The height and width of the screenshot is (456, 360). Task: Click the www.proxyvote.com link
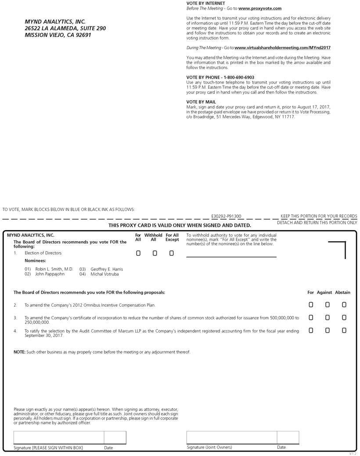pyautogui.click(x=260, y=8)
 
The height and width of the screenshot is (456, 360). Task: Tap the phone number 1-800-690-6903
pyautogui.click(x=239, y=77)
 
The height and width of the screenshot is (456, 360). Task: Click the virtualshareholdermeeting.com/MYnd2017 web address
pyautogui.click(x=282, y=47)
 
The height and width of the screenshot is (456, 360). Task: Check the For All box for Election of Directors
pyautogui.click(x=138, y=253)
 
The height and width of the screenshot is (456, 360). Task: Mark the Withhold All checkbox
pyautogui.click(x=155, y=253)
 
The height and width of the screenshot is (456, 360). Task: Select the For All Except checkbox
pyautogui.click(x=171, y=253)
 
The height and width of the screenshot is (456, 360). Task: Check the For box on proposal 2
pyautogui.click(x=311, y=304)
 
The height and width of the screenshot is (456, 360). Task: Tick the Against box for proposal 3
pyautogui.click(x=328, y=317)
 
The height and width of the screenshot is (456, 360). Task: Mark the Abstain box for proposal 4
pyautogui.click(x=344, y=330)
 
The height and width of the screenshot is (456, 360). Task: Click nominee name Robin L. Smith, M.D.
pyautogui.click(x=54, y=269)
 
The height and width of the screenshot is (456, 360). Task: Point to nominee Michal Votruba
pyautogui.click(x=104, y=274)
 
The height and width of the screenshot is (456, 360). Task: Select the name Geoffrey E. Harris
pyautogui.click(x=107, y=269)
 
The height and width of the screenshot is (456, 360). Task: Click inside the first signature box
pyautogui.click(x=59, y=438)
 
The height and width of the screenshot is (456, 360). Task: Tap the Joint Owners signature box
pyautogui.click(x=232, y=438)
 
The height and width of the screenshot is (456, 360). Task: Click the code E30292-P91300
pyautogui.click(x=226, y=217)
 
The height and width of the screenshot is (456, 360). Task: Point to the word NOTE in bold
pyautogui.click(x=19, y=352)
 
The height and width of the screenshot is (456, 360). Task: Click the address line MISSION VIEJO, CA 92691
pyautogui.click(x=58, y=35)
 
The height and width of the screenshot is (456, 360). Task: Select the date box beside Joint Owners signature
pyautogui.click(x=288, y=438)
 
